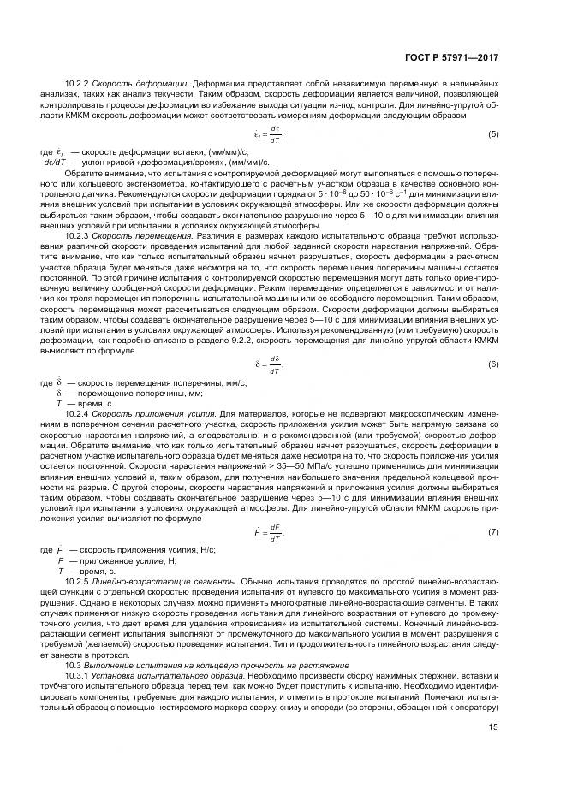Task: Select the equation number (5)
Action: pos(493,134)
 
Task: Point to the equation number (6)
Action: pos(493,365)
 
